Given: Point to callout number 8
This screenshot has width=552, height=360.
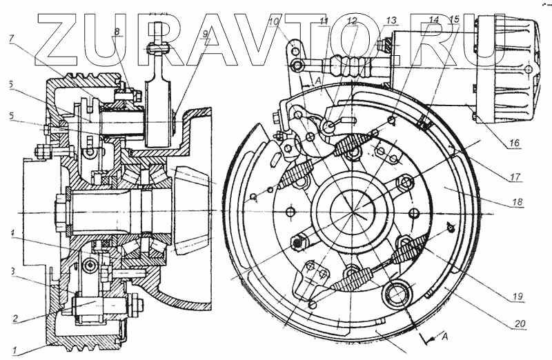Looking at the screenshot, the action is coord(117,32).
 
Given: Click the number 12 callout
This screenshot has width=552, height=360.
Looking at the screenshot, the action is coord(353,22).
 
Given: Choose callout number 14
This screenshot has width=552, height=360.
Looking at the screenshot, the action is coord(433,21).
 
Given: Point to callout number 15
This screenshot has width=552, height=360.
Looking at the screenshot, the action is coord(454,21).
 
